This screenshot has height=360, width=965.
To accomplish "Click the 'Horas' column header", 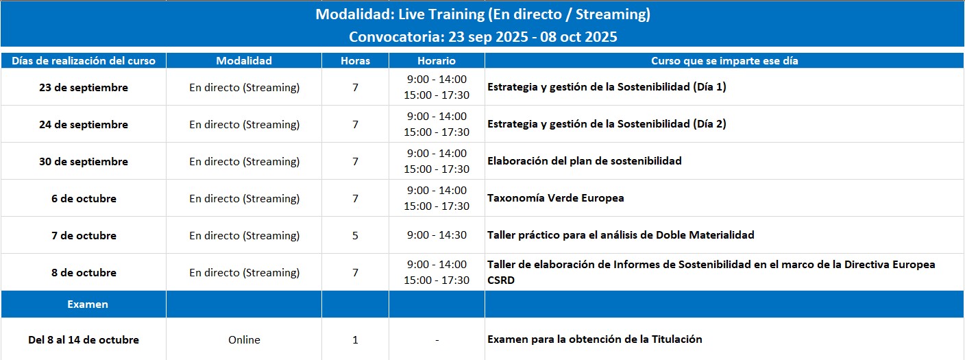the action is click(x=355, y=61).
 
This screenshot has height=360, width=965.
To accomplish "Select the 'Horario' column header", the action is click(x=437, y=61).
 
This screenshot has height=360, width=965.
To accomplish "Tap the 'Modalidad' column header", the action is click(x=244, y=61).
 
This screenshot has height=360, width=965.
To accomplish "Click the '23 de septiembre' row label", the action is click(x=84, y=88).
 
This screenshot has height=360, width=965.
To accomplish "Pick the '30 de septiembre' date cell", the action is click(x=84, y=162).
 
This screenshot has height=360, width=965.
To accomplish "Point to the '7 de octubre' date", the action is click(x=84, y=236).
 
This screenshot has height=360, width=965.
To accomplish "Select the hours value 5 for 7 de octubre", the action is click(x=355, y=236).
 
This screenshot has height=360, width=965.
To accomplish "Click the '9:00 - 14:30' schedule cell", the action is click(x=437, y=235).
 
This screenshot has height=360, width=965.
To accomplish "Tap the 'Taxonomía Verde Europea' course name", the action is click(x=556, y=198).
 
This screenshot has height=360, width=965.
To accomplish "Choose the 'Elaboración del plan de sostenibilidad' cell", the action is click(x=585, y=161).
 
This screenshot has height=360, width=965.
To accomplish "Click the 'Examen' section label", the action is click(x=88, y=304).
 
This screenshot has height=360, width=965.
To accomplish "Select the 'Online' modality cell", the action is click(x=244, y=339).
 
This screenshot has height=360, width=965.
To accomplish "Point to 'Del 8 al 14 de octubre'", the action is click(x=84, y=339).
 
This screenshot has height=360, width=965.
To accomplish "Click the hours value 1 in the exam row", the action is click(x=355, y=339).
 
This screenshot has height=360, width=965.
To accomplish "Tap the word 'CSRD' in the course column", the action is click(x=500, y=280).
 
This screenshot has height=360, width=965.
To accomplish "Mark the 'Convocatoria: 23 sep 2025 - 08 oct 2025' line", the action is click(x=483, y=36).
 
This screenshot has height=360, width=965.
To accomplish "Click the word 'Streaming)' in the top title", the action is click(x=613, y=14).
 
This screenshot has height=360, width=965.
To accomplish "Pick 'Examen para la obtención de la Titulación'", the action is click(x=594, y=339).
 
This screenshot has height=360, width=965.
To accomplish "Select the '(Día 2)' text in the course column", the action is click(x=709, y=124).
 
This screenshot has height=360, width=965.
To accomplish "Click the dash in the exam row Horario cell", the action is click(x=437, y=340).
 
